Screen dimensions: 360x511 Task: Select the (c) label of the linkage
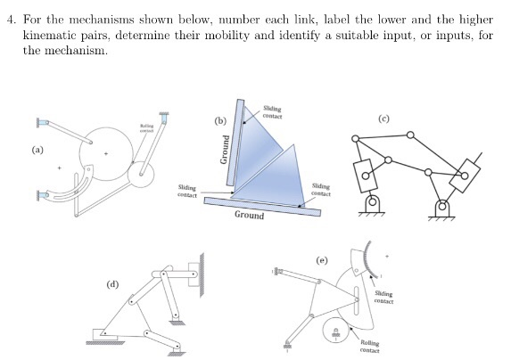[409, 118]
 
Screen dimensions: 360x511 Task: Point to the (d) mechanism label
[112, 284]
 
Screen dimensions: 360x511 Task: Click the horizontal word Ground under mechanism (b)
[249, 216]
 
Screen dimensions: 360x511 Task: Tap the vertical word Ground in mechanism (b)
[224, 154]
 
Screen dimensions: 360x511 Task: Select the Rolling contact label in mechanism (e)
[369, 347]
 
